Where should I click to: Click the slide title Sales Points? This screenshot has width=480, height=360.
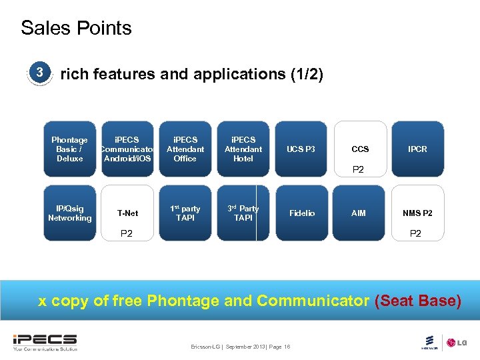click(x=76, y=28)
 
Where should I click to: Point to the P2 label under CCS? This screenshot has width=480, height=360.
click(x=358, y=170)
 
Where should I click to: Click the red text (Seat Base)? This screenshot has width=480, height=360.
click(x=417, y=301)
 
